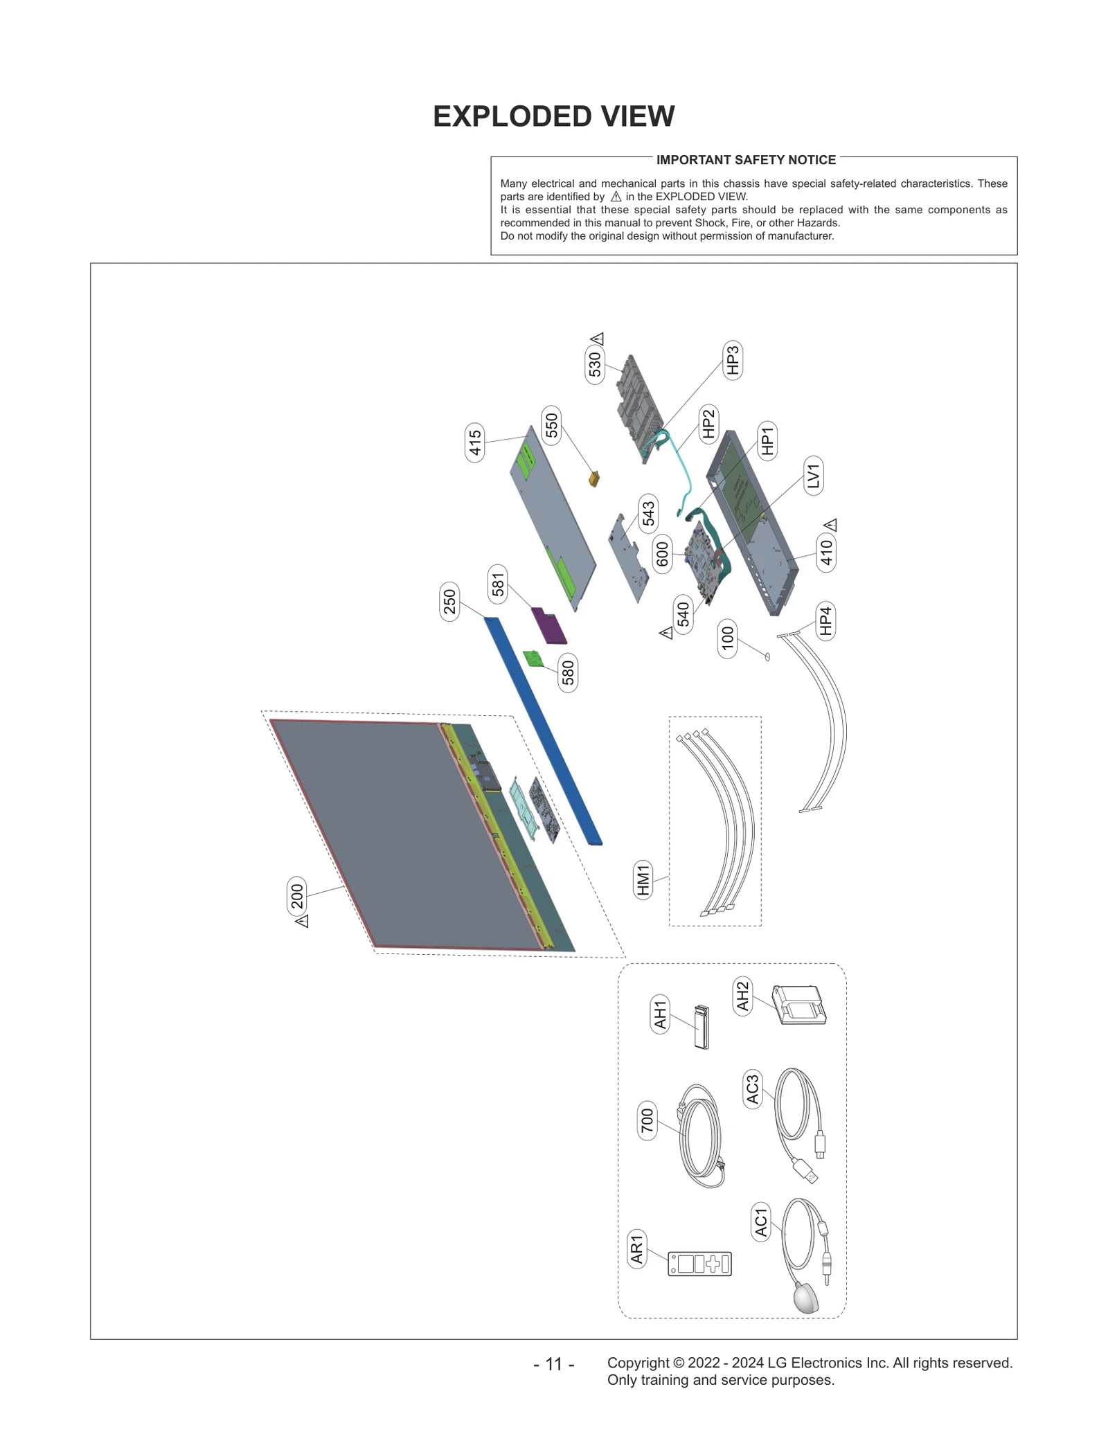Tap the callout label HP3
pyautogui.click(x=732, y=359)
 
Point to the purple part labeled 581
pyautogui.click(x=548, y=625)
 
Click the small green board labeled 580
pyautogui.click(x=533, y=658)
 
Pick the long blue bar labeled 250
pyautogui.click(x=544, y=731)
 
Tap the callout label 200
pyautogui.click(x=296, y=896)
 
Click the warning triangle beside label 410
pyautogui.click(x=831, y=525)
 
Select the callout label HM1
pyautogui.click(x=643, y=879)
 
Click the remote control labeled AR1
pyautogui.click(x=699, y=1264)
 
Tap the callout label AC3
pyautogui.click(x=752, y=1090)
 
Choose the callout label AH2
pyautogui.click(x=742, y=996)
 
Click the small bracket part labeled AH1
pyautogui.click(x=702, y=1028)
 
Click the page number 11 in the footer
pyautogui.click(x=553, y=1364)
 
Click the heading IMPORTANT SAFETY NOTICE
pyautogui.click(x=746, y=160)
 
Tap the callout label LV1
pyautogui.click(x=813, y=476)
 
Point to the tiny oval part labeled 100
pyautogui.click(x=767, y=656)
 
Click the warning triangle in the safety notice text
pyautogui.click(x=616, y=197)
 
